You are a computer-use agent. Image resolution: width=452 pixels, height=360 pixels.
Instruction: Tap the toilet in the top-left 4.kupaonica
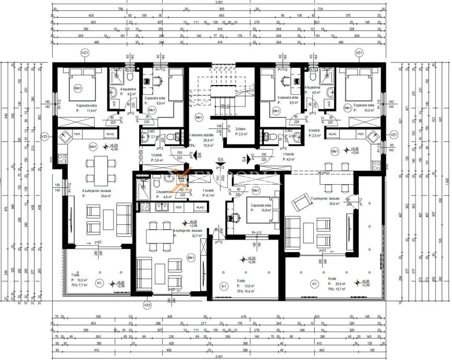click(x=129, y=76)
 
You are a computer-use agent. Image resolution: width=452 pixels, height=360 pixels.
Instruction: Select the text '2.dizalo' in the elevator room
click(x=240, y=129)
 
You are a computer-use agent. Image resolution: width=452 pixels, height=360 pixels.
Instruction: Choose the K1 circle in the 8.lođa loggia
click(x=314, y=283)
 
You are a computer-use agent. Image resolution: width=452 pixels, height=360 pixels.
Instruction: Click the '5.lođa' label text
click(x=241, y=281)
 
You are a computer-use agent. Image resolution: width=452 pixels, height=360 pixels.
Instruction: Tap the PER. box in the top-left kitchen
click(x=77, y=134)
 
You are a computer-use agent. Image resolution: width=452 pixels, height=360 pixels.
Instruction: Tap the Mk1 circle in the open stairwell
click(x=199, y=118)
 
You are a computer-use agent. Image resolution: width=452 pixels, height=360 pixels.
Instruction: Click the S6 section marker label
click(x=200, y=155)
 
